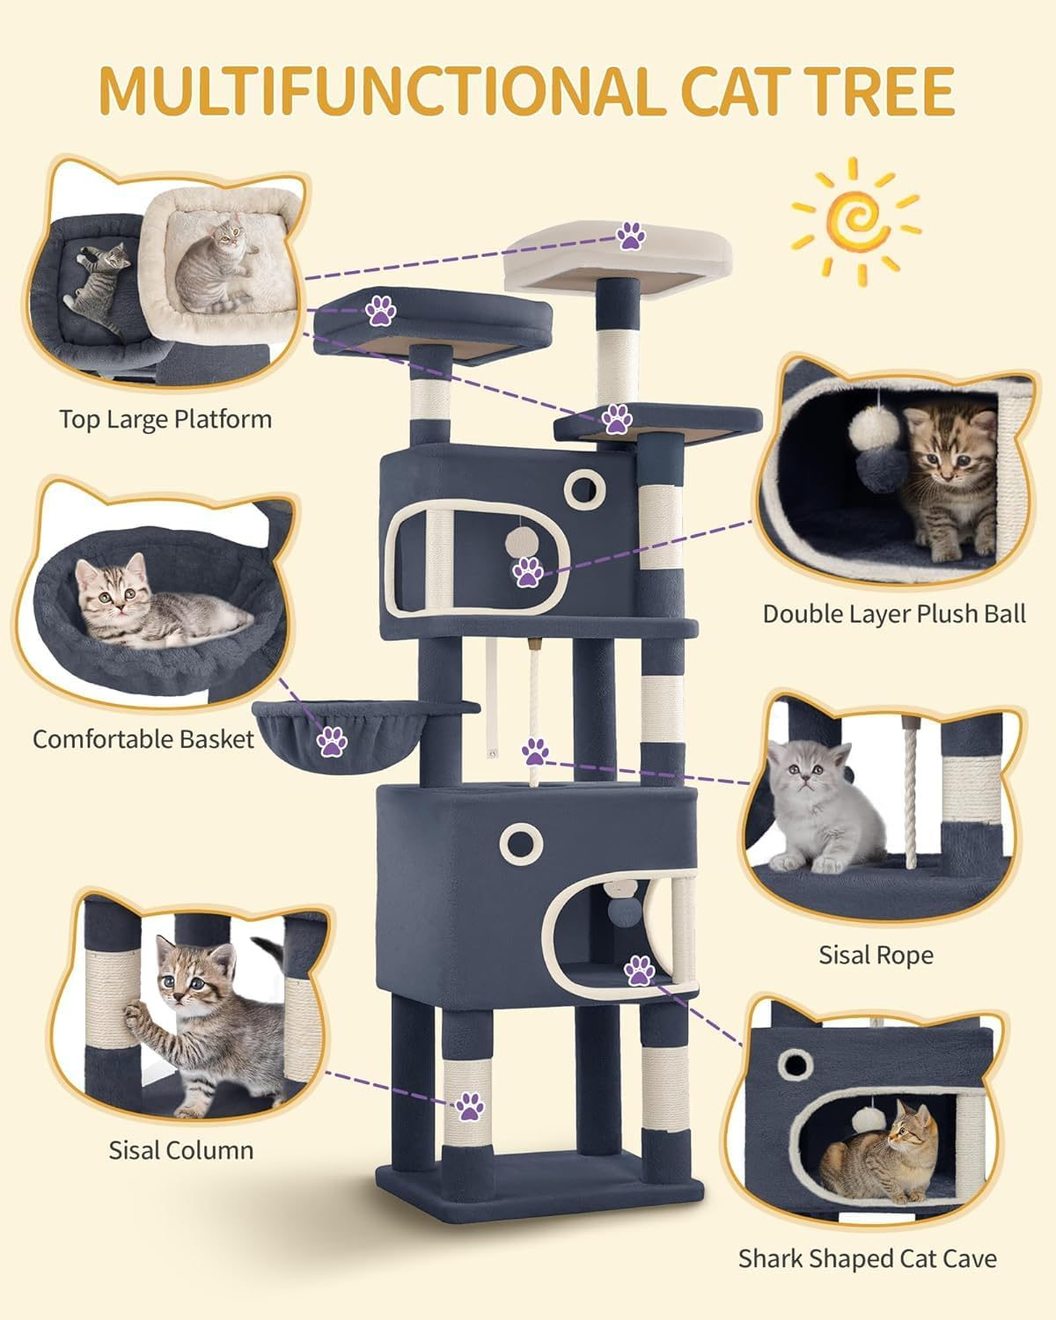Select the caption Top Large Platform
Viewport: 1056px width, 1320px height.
(x=165, y=419)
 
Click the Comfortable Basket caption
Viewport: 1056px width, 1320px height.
(x=143, y=738)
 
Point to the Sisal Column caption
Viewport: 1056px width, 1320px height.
(x=180, y=1149)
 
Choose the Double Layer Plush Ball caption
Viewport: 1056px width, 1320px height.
(x=894, y=613)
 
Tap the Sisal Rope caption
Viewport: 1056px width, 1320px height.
(x=876, y=954)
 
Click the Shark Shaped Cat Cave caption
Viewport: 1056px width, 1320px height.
(x=867, y=1258)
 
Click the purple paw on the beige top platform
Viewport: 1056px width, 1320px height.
(x=630, y=236)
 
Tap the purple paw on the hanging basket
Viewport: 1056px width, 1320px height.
(x=332, y=741)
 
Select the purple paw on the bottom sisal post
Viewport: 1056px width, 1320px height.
(x=469, y=1106)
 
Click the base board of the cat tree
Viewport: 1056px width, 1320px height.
(x=539, y=1179)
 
